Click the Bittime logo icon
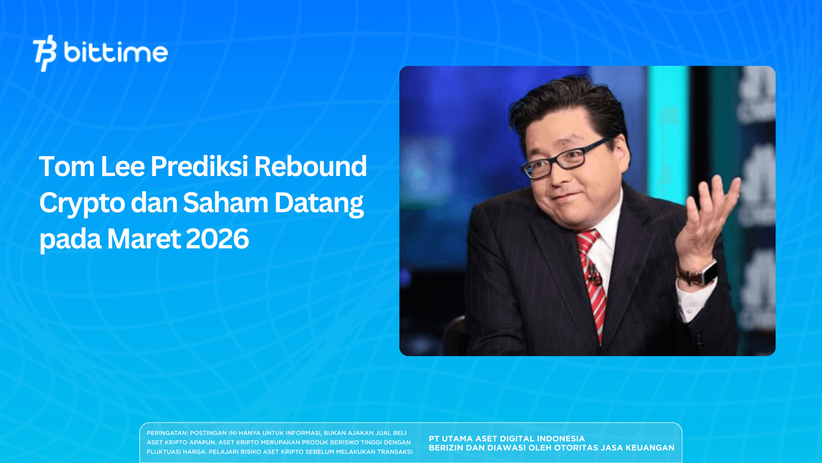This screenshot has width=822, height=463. (x=45, y=53)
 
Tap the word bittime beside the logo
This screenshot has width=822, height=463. (x=116, y=53)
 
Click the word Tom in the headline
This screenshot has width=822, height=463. (x=66, y=166)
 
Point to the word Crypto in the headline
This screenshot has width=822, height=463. (x=82, y=203)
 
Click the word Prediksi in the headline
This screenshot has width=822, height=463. (x=199, y=166)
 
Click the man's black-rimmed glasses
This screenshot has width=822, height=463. (x=566, y=159)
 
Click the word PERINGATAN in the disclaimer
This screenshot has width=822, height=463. (x=167, y=433)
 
